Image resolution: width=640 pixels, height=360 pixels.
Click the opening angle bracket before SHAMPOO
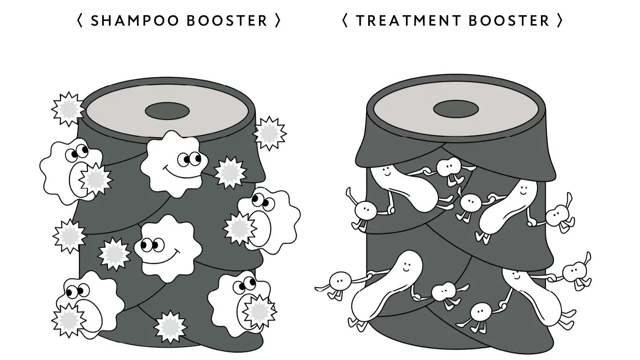coord(80,20)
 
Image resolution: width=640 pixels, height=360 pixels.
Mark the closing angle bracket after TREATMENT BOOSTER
coord(560,20)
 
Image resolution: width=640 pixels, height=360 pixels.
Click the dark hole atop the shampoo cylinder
coord(167,111)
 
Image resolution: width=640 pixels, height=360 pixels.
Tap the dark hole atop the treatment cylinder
coord(456,108)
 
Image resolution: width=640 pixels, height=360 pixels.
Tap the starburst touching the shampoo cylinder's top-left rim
coord(68,109)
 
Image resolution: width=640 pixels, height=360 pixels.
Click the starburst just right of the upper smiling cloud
coord(230,172)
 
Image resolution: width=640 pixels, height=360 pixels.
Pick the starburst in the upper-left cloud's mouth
coord(95,179)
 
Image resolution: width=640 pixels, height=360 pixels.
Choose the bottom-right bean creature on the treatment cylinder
coord(531,293)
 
